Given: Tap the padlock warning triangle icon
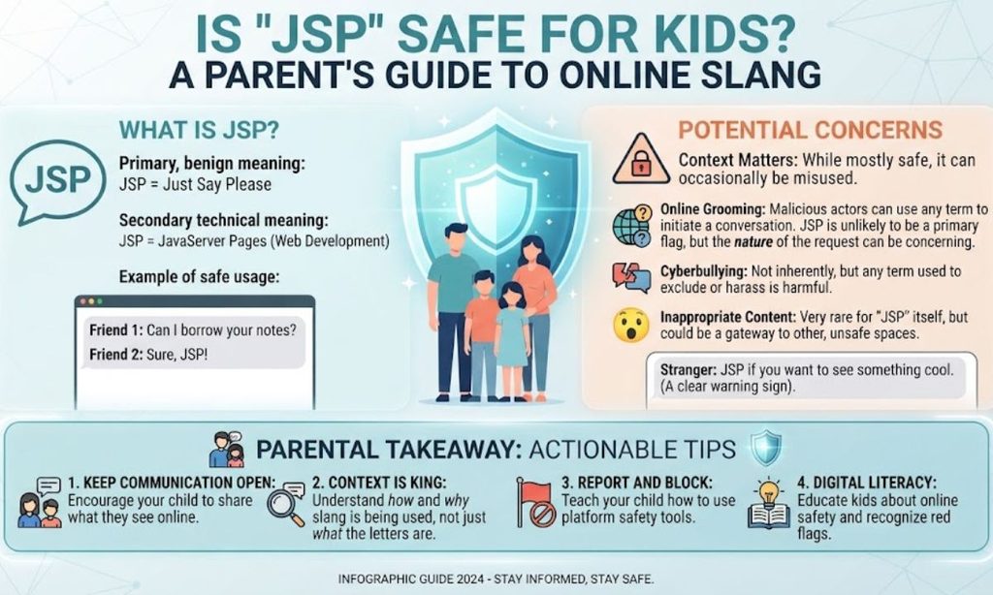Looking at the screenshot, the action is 641,160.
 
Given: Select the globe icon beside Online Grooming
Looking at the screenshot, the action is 631,226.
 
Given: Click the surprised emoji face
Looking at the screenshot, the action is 630,325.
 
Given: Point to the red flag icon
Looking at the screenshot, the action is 534,503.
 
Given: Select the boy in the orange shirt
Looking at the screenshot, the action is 483,335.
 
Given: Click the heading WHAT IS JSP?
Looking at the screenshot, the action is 199,130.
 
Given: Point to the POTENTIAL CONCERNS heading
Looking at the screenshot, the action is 810,130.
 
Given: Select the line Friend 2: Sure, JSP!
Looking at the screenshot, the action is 148,355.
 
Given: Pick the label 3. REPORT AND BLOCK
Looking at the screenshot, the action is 637,483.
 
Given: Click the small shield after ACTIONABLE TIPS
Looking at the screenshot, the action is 766,448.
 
